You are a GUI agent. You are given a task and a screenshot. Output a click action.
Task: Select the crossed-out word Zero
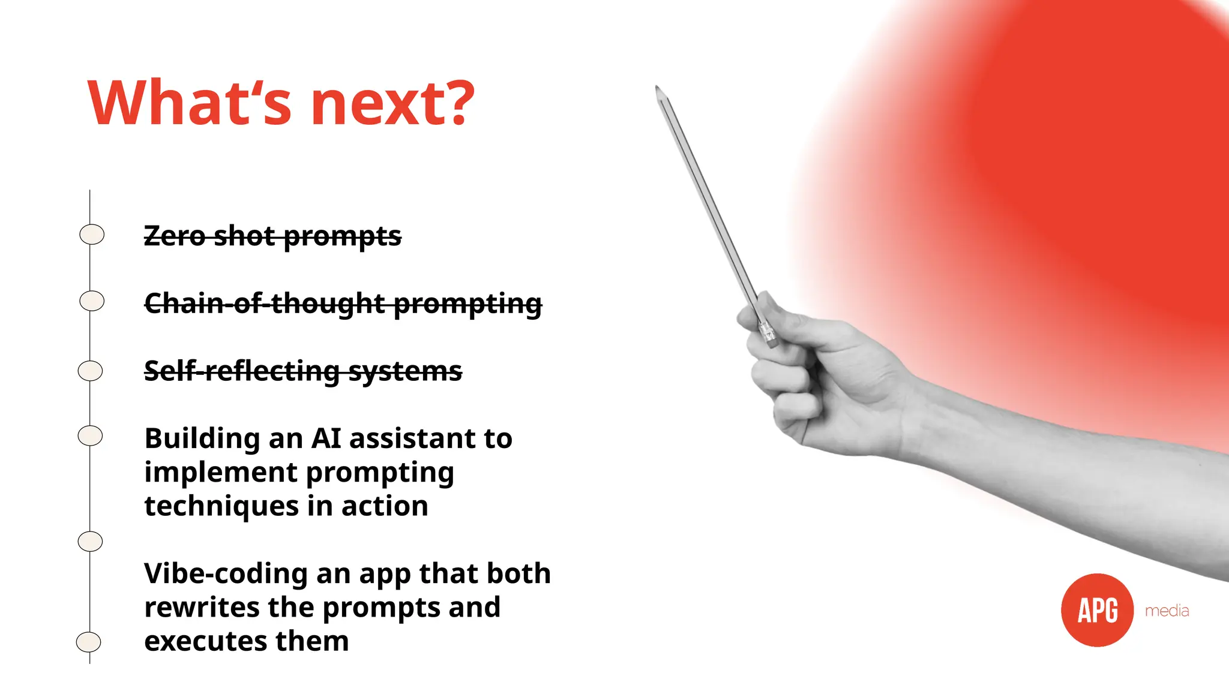[175, 236]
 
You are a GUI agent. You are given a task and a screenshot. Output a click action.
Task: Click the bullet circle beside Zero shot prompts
[92, 234]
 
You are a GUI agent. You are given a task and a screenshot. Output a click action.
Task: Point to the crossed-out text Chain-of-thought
[264, 303]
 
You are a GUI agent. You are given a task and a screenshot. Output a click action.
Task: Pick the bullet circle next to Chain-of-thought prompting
[92, 301]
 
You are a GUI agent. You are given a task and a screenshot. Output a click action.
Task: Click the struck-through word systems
[406, 371]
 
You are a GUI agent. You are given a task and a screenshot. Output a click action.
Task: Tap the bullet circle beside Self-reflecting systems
[91, 371]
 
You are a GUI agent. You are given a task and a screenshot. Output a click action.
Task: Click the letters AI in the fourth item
[326, 438]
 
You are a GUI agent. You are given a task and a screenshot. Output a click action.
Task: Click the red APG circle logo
[1097, 610]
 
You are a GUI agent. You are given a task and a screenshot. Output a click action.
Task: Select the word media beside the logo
[1167, 611]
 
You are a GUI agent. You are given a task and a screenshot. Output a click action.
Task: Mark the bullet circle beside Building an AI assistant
[90, 435]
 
